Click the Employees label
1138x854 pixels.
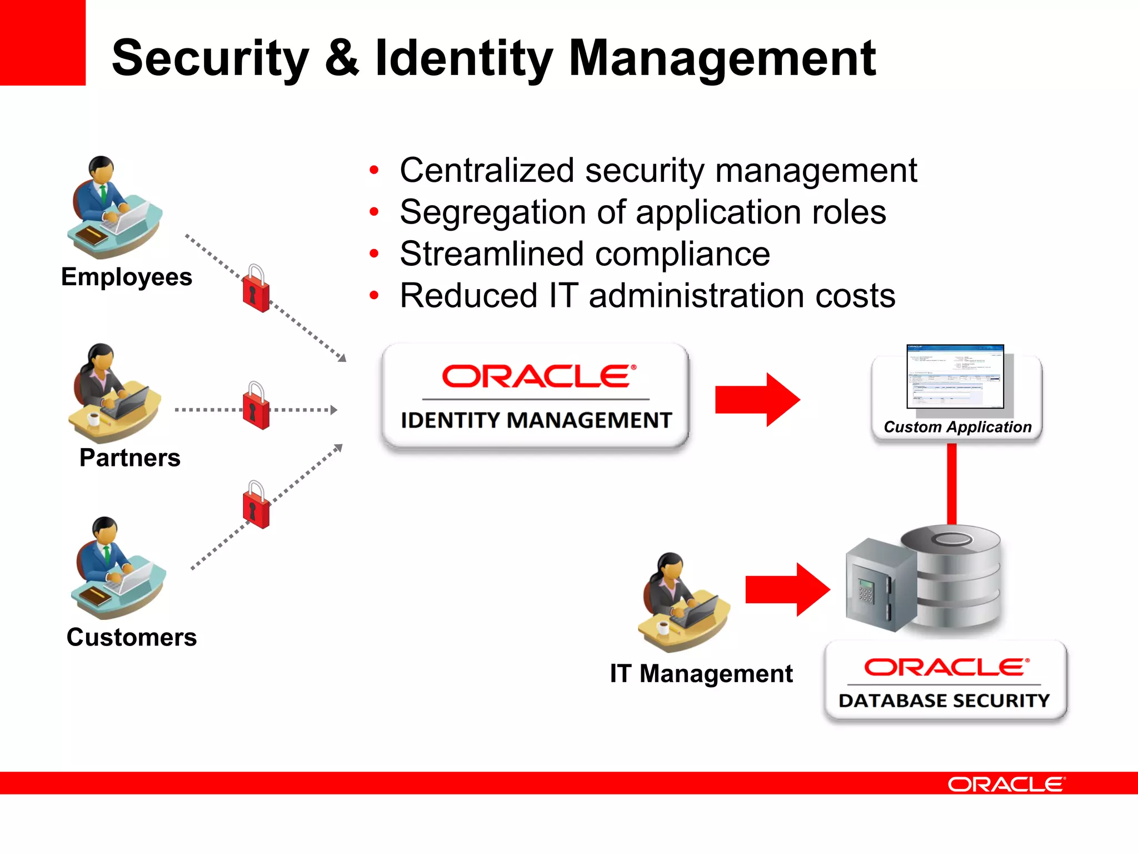coord(127,277)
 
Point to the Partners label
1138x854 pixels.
coord(130,458)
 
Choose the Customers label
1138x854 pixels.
coord(132,637)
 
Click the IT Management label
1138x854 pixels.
coord(701,674)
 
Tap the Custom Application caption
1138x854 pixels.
coord(957,427)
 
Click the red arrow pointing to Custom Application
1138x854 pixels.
coord(757,400)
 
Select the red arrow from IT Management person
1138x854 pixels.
coord(787,589)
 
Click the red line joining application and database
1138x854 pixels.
coord(952,484)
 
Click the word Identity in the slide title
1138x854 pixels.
coord(464,58)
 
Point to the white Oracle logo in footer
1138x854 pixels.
coord(1006,785)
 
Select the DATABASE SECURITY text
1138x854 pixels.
coord(944,701)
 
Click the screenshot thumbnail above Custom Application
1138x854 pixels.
coord(955,376)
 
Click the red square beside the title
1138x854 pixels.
coord(42,42)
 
